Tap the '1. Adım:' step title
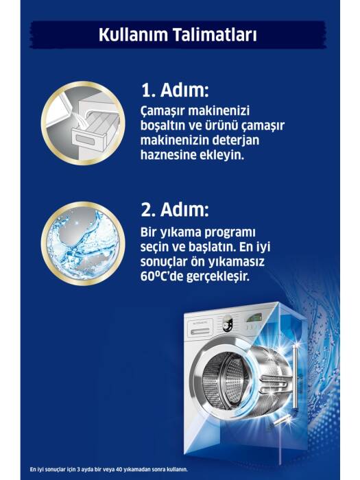click(174, 91)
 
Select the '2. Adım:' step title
click(175, 209)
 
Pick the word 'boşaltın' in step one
click(165, 128)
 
